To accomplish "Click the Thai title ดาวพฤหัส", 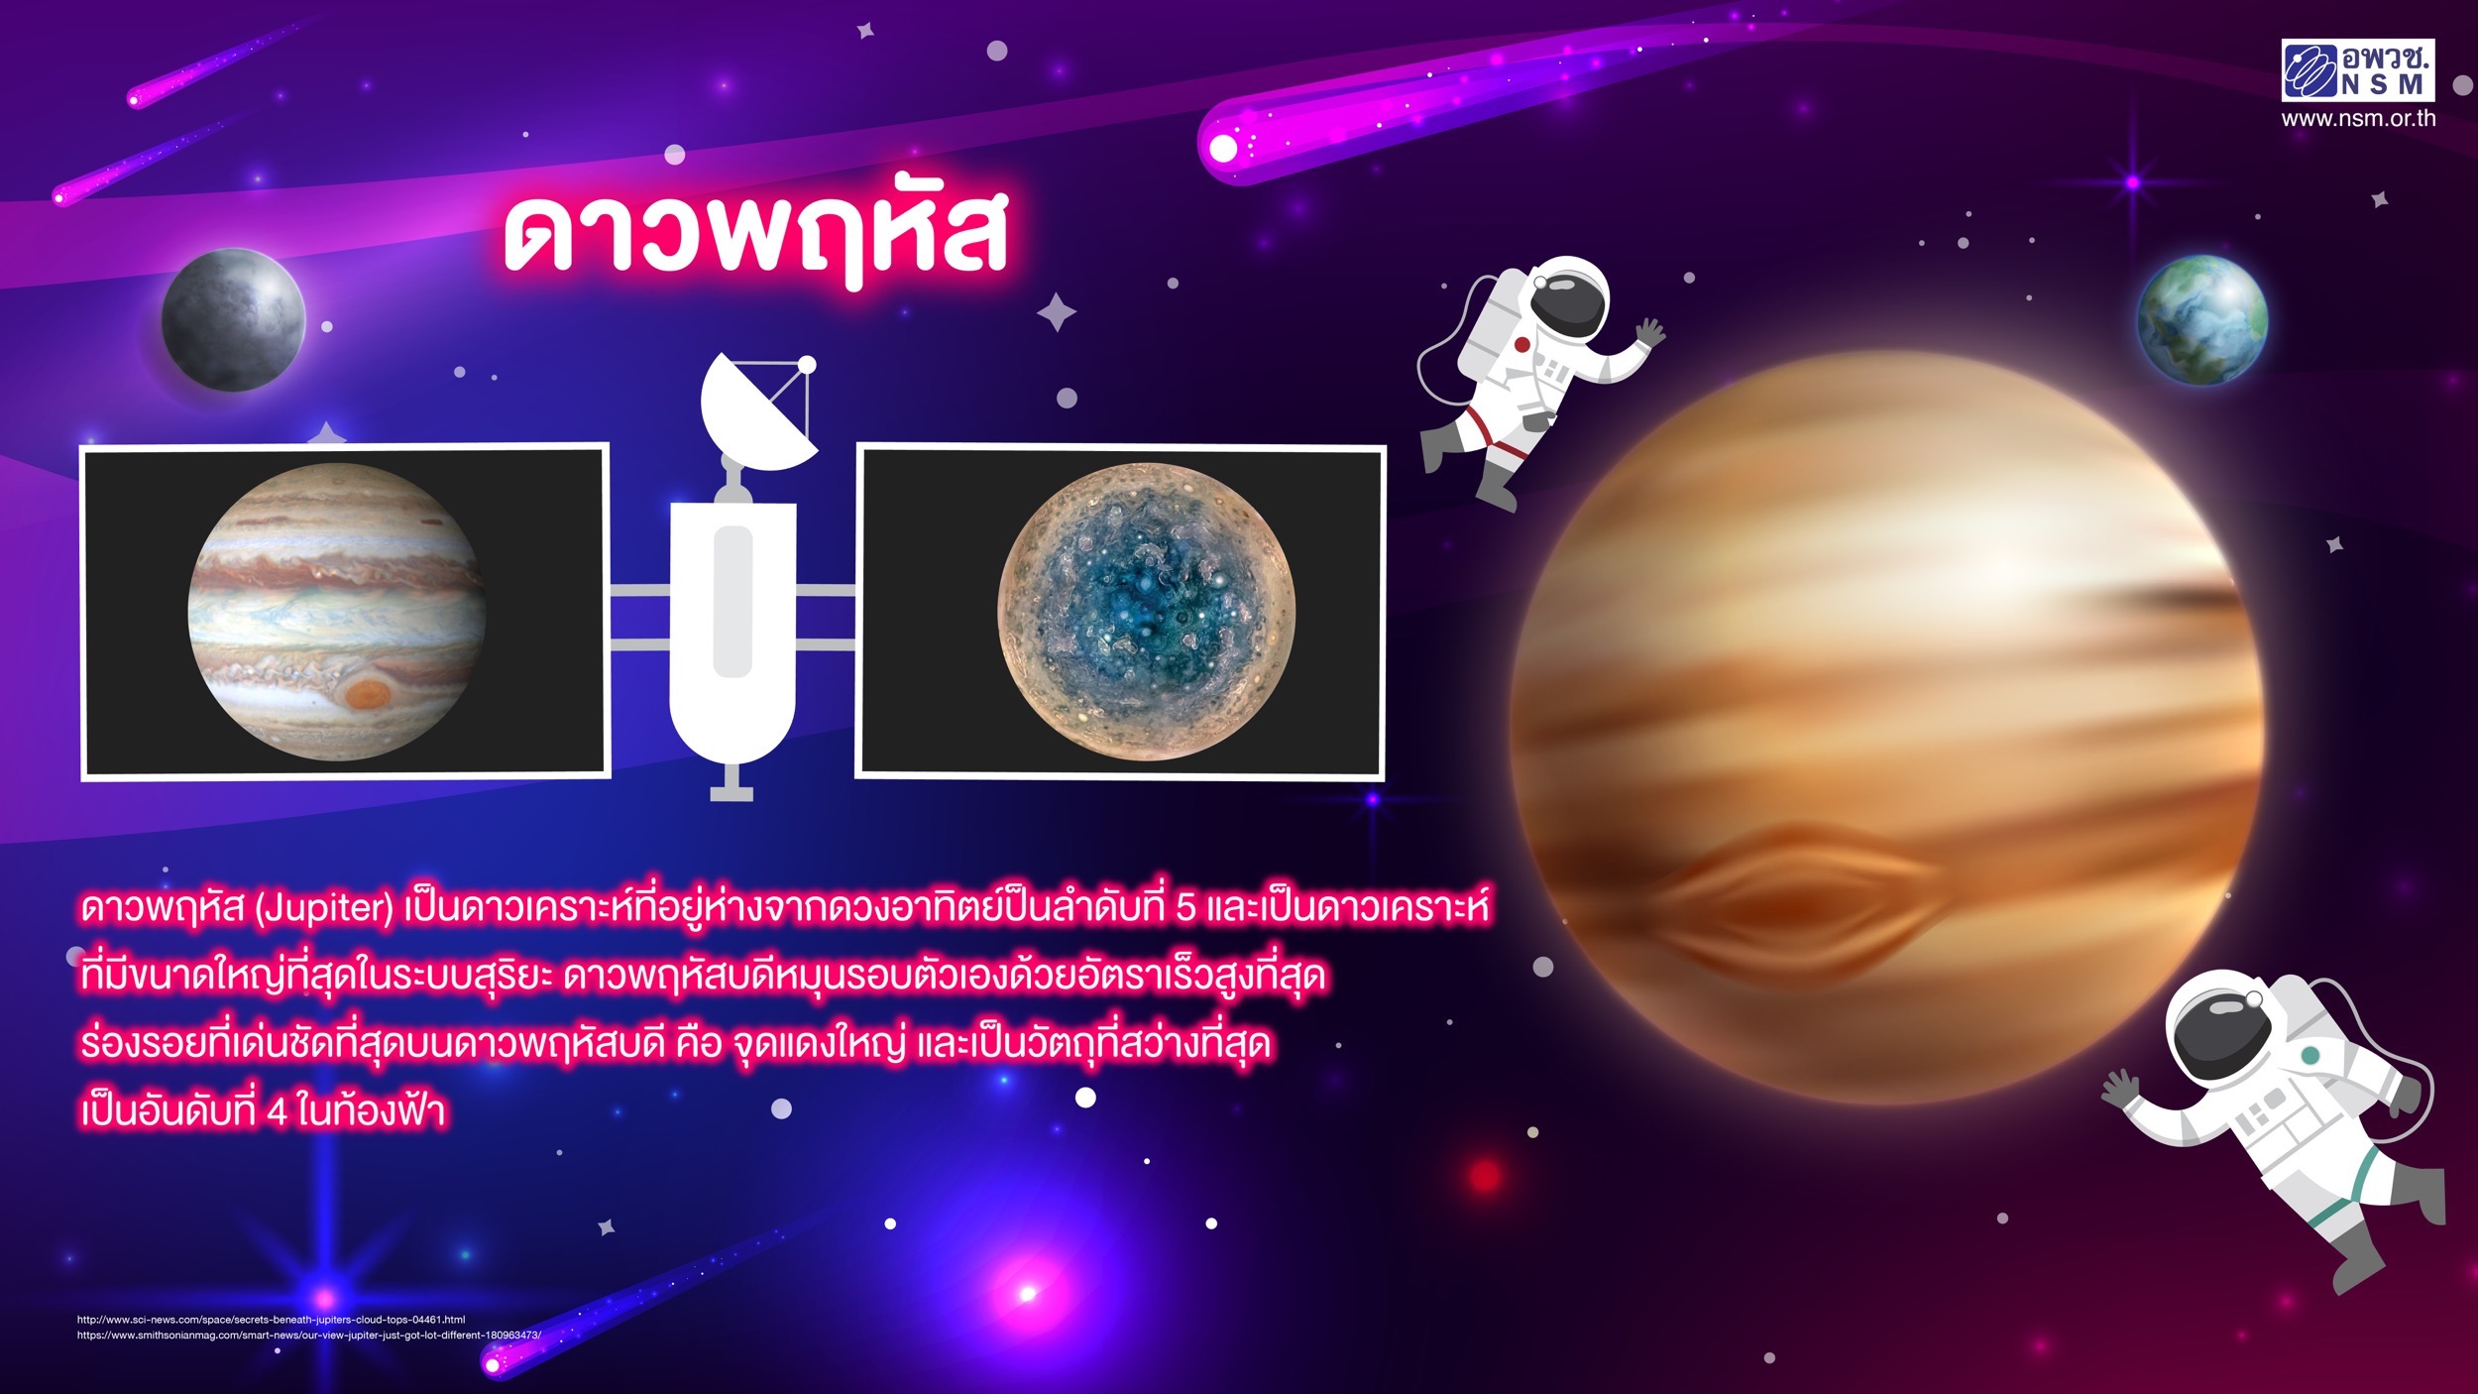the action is [x=755, y=236].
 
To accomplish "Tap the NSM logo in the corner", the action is [x=2358, y=70].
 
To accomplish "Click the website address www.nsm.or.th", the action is [x=2358, y=118].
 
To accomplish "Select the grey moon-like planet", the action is [x=234, y=319].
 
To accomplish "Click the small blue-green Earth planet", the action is [x=2202, y=319].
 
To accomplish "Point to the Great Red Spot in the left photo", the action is [x=369, y=693].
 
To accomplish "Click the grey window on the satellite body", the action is [x=732, y=602].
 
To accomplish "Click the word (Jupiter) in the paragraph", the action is [x=325, y=908].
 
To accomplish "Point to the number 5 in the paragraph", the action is [x=1185, y=909].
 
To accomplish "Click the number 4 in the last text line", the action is [x=277, y=1112].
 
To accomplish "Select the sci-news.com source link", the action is [x=272, y=1320].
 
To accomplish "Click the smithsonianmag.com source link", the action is [x=309, y=1335].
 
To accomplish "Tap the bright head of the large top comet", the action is [x=1225, y=149].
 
